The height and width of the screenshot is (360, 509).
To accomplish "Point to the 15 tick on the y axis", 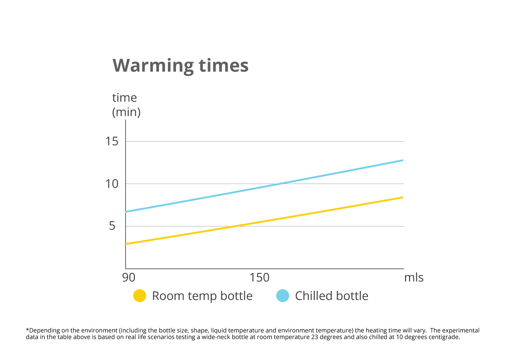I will pyautogui.click(x=112, y=141).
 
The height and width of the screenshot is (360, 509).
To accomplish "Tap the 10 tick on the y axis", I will pyautogui.click(x=112, y=184).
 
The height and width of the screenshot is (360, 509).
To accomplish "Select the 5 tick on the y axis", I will pyautogui.click(x=112, y=226).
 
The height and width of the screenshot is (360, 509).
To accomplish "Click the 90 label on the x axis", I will pyautogui.click(x=128, y=278).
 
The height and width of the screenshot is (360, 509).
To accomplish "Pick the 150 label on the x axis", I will pyautogui.click(x=259, y=278).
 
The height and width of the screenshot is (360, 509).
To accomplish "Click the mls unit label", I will pyautogui.click(x=414, y=278).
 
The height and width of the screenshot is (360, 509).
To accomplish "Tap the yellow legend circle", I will pyautogui.click(x=140, y=296).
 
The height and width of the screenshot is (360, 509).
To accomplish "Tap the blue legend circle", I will pyautogui.click(x=283, y=296).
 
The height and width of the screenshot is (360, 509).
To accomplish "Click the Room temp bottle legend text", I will pyautogui.click(x=202, y=296).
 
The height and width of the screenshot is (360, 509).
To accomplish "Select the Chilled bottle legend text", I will pyautogui.click(x=332, y=296).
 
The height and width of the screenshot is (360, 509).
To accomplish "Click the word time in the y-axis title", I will pyautogui.click(x=124, y=98).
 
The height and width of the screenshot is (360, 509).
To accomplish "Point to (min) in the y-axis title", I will pyautogui.click(x=126, y=112).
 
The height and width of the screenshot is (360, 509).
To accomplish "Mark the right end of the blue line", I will pyautogui.click(x=403, y=160).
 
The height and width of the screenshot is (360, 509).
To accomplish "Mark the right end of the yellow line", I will pyautogui.click(x=403, y=197).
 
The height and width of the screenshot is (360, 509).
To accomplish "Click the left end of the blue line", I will pyautogui.click(x=126, y=212).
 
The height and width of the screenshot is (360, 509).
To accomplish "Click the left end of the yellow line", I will pyautogui.click(x=126, y=244).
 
